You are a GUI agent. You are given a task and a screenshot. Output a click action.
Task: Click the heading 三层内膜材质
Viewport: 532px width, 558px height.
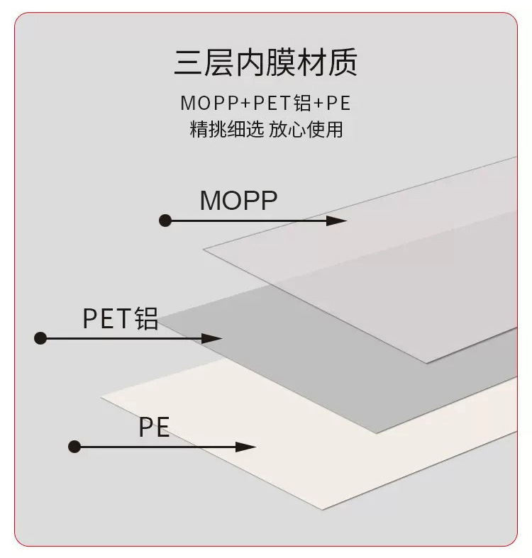pyautogui.click(x=265, y=62)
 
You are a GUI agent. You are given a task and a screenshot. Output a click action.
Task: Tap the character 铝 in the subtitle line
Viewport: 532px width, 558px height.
pyautogui.click(x=303, y=104)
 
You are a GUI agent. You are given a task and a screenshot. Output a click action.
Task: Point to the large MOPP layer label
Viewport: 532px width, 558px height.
pyautogui.click(x=238, y=201)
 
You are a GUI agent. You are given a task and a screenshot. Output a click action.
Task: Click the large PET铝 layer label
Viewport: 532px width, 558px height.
pyautogui.click(x=120, y=319)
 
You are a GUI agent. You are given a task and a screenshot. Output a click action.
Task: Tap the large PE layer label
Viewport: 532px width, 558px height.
pyautogui.click(x=154, y=428)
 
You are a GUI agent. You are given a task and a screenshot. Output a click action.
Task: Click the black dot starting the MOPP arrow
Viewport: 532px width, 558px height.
pyautogui.click(x=165, y=221)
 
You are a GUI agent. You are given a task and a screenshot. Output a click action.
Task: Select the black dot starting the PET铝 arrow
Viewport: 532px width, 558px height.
pyautogui.click(x=40, y=338)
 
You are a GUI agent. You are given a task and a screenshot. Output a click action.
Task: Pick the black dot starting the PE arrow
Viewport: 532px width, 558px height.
pyautogui.click(x=74, y=447)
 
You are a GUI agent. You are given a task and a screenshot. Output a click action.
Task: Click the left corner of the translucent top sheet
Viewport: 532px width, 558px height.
pyautogui.click(x=205, y=248)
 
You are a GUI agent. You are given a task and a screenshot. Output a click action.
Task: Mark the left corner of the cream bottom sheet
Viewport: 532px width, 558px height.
pyautogui.click(x=103, y=396)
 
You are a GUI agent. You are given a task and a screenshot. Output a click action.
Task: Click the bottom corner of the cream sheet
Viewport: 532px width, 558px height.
pyautogui.click(x=323, y=509)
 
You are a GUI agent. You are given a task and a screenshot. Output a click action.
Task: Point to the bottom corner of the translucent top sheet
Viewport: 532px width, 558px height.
pyautogui.click(x=427, y=362)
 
